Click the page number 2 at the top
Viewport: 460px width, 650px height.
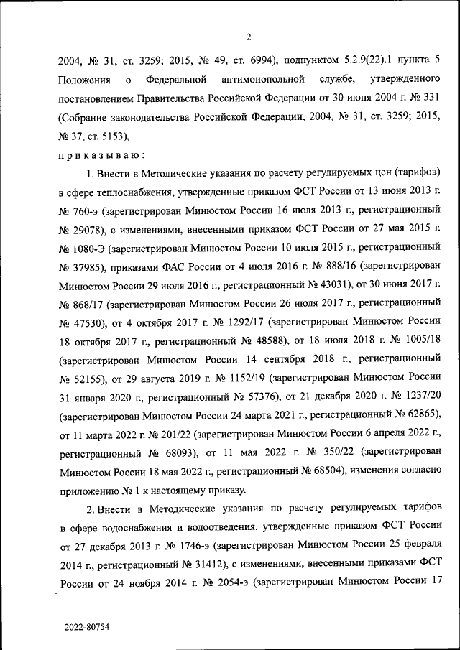247,37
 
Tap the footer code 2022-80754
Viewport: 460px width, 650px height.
86,627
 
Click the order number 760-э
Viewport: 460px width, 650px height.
86,213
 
